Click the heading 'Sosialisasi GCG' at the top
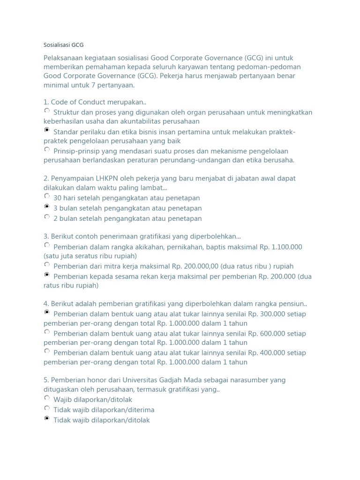pyautogui.click(x=63, y=45)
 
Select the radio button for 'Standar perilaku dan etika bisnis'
pyautogui.click(x=47, y=130)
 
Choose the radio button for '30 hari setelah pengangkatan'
pyautogui.click(x=47, y=196)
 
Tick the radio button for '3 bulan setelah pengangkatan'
pyautogui.click(x=47, y=207)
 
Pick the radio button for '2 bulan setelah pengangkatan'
pyautogui.click(x=47, y=217)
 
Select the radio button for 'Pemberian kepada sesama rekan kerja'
pyautogui.click(x=47, y=275)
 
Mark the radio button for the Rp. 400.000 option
pyautogui.click(x=47, y=351)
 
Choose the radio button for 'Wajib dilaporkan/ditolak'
pyautogui.click(x=47, y=398)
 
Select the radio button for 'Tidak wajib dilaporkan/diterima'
pyautogui.click(x=47, y=408)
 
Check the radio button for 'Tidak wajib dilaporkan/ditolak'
pyautogui.click(x=47, y=419)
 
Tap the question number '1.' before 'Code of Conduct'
pyautogui.click(x=46, y=102)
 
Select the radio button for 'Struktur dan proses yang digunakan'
pyautogui.click(x=47, y=111)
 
